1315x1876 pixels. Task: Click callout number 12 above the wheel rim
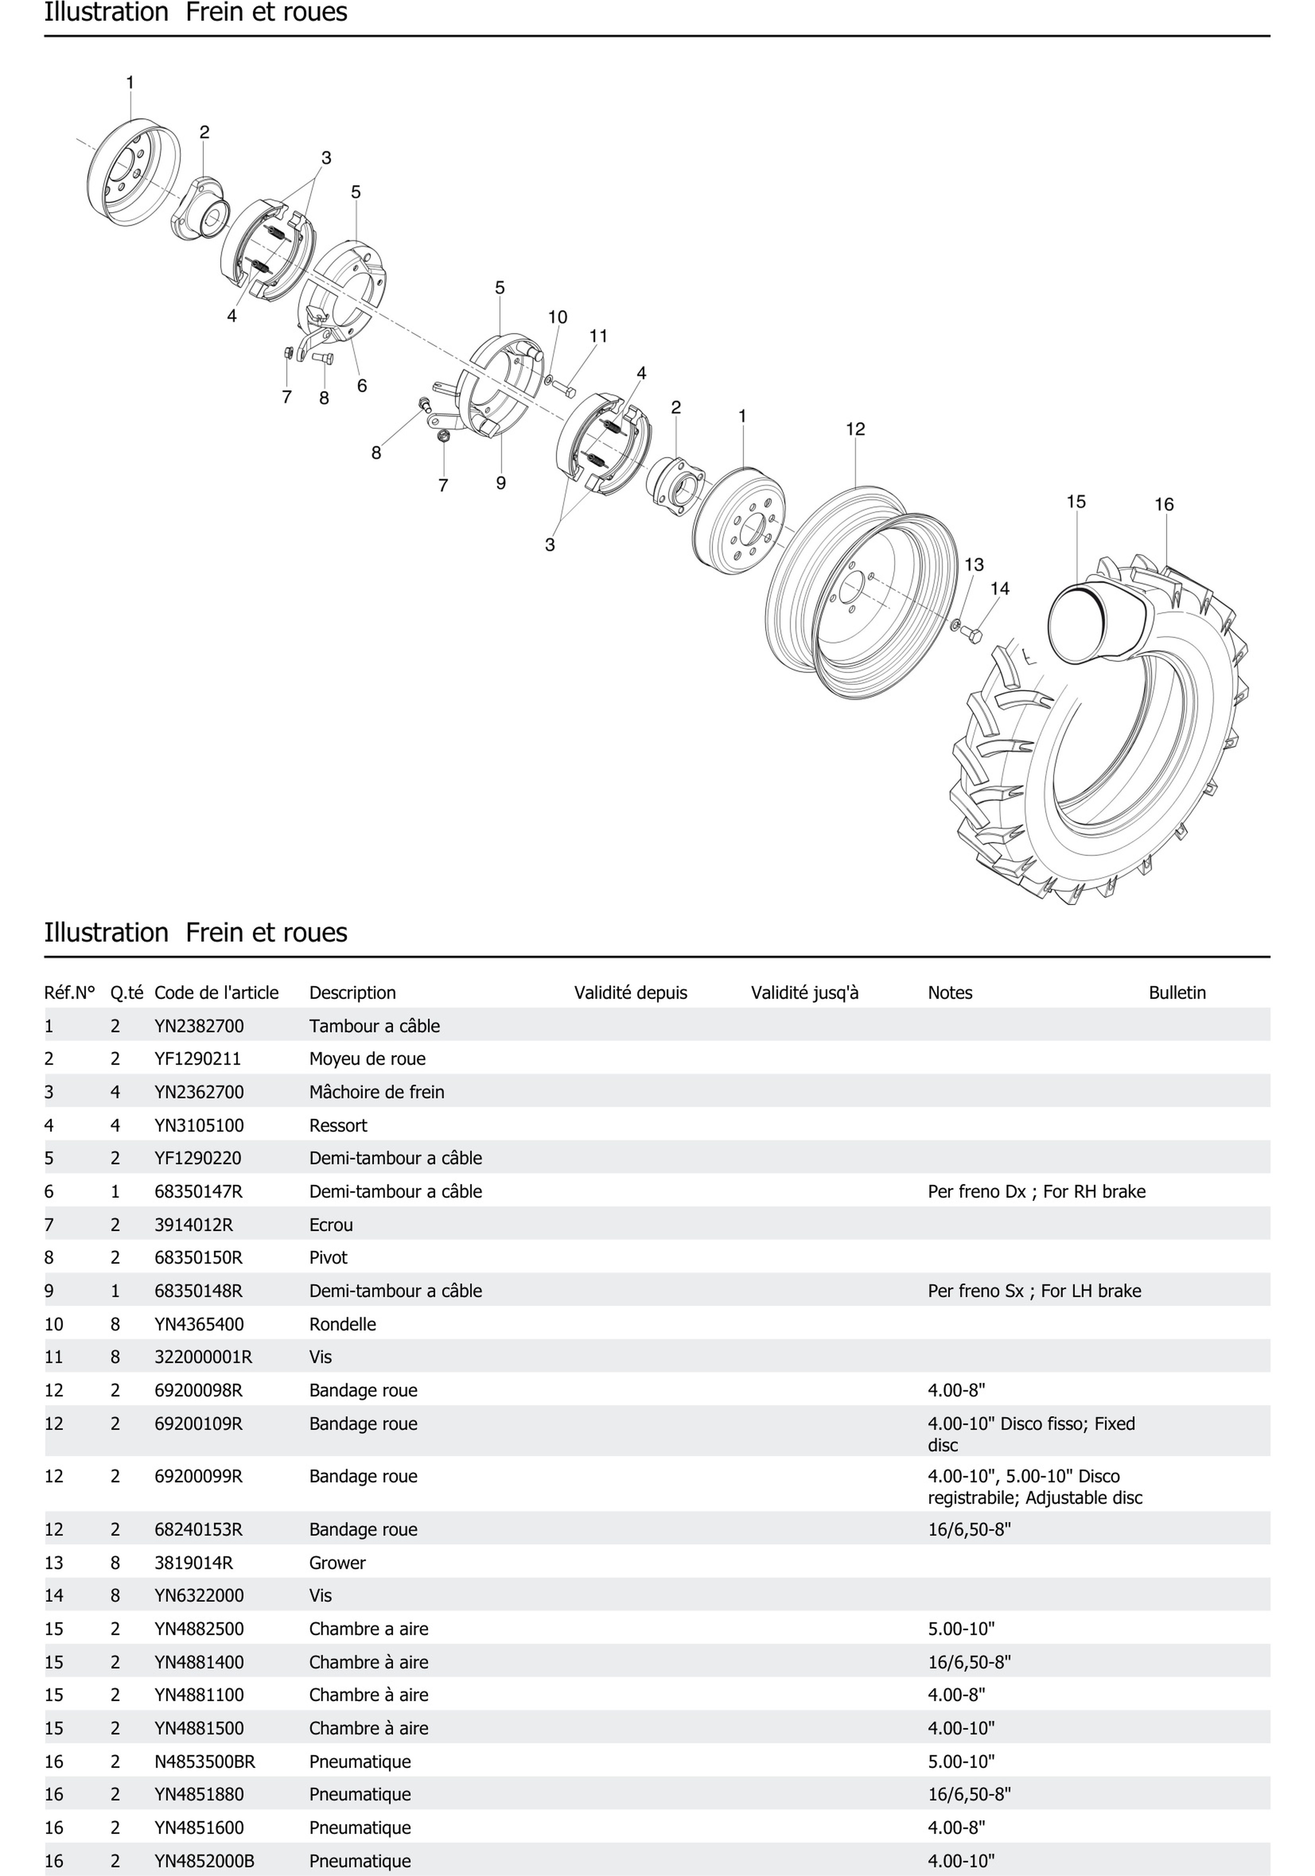[x=855, y=429]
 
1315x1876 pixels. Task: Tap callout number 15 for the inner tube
[x=1076, y=502]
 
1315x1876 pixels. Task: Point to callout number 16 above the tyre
[x=1164, y=505]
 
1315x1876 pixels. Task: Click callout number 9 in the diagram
[x=501, y=483]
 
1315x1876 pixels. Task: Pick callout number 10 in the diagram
[x=557, y=317]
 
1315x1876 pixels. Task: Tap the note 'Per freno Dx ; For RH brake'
[x=1036, y=1191]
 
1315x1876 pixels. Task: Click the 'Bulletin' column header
[x=1177, y=993]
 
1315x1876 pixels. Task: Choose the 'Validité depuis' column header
[x=630, y=993]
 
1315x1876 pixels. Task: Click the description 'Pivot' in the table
[x=328, y=1257]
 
